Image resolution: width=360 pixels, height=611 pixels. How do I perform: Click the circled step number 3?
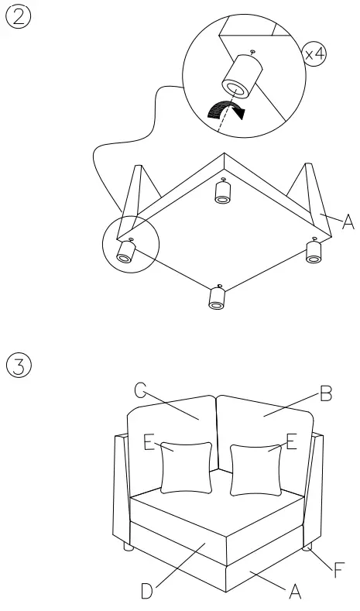(18, 364)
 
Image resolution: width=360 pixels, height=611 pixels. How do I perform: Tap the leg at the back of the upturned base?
(222, 193)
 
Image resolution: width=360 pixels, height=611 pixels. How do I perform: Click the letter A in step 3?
(294, 592)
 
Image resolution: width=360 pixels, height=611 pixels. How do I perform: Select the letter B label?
(327, 396)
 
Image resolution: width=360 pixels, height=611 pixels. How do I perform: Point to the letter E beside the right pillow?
(291, 443)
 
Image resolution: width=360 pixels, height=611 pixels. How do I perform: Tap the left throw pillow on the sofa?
(186, 467)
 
